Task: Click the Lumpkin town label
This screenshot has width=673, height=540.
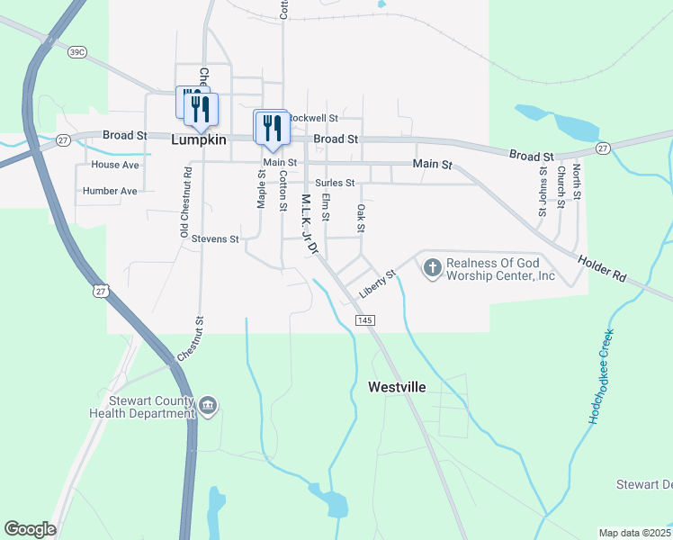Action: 198,141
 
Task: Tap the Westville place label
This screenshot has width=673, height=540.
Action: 397,387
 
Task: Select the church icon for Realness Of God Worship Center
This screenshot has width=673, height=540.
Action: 433,267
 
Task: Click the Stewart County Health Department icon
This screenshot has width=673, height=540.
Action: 208,406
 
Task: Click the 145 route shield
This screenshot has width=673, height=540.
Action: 364,320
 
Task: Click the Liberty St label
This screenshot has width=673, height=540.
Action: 378,283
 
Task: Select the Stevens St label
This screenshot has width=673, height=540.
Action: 215,239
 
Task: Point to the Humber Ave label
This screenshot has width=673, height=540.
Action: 110,191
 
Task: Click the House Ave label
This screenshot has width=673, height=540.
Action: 115,165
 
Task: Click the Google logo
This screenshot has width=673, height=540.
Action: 30,529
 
